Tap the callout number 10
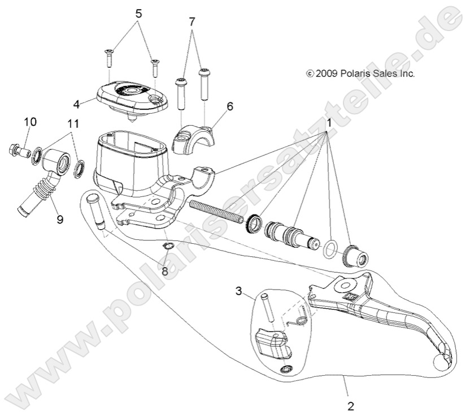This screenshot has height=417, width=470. click(29, 122)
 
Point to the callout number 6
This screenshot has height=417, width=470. click(230, 106)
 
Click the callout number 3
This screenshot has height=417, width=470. click(239, 291)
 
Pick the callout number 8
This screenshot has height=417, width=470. click(165, 271)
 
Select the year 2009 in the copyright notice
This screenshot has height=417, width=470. click(325, 74)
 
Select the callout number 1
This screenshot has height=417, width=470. click(329, 123)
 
